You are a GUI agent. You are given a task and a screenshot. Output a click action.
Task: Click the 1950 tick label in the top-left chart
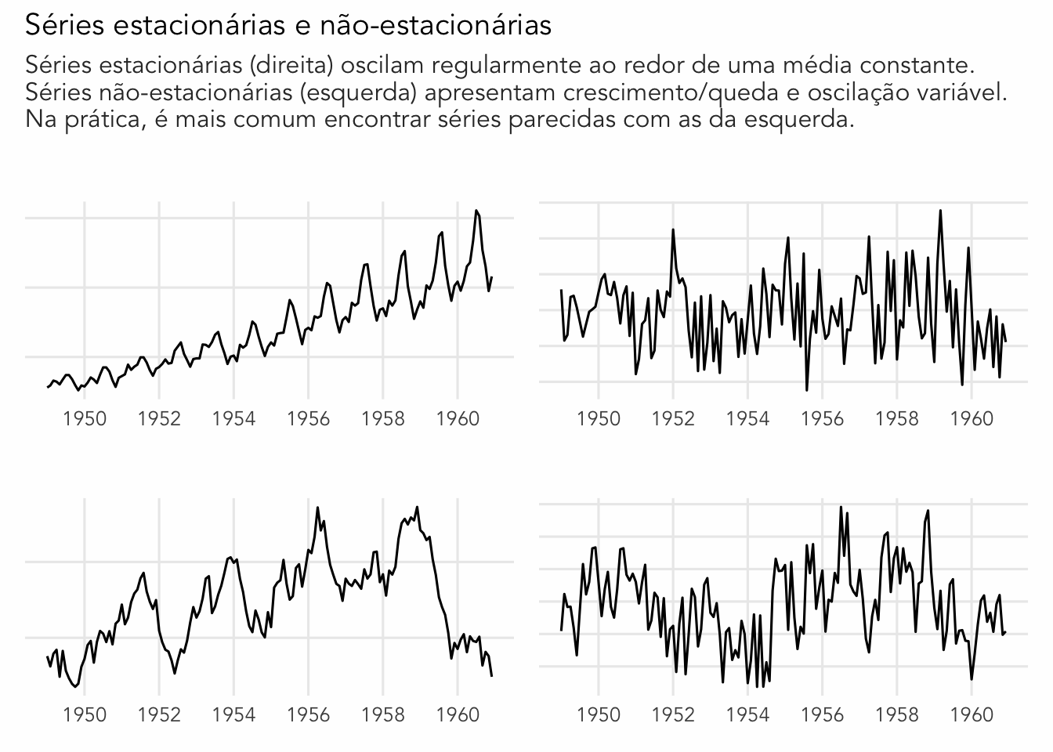[x=85, y=418]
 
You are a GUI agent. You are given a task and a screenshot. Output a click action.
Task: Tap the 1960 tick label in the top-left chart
[x=458, y=418]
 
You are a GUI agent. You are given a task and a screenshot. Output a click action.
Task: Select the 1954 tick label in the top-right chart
[x=747, y=418]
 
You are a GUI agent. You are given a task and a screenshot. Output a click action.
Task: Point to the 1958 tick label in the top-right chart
[x=897, y=418]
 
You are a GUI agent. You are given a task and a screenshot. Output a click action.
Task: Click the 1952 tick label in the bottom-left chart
[x=159, y=714]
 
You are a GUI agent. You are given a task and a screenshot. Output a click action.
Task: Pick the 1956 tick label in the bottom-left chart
[x=308, y=714]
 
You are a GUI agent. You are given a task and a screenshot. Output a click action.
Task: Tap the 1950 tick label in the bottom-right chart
[x=599, y=714]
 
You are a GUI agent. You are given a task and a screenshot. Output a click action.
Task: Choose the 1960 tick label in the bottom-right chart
[x=972, y=714]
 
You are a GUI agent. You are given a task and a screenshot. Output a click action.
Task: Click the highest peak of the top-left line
[x=476, y=210]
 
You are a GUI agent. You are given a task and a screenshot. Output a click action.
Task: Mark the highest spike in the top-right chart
[x=940, y=210]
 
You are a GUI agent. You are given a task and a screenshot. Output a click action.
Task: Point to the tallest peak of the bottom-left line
[x=317, y=507]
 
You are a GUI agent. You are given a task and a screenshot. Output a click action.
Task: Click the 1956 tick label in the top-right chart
[x=822, y=418]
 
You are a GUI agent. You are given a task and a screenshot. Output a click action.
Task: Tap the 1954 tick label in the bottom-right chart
[x=747, y=714]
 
